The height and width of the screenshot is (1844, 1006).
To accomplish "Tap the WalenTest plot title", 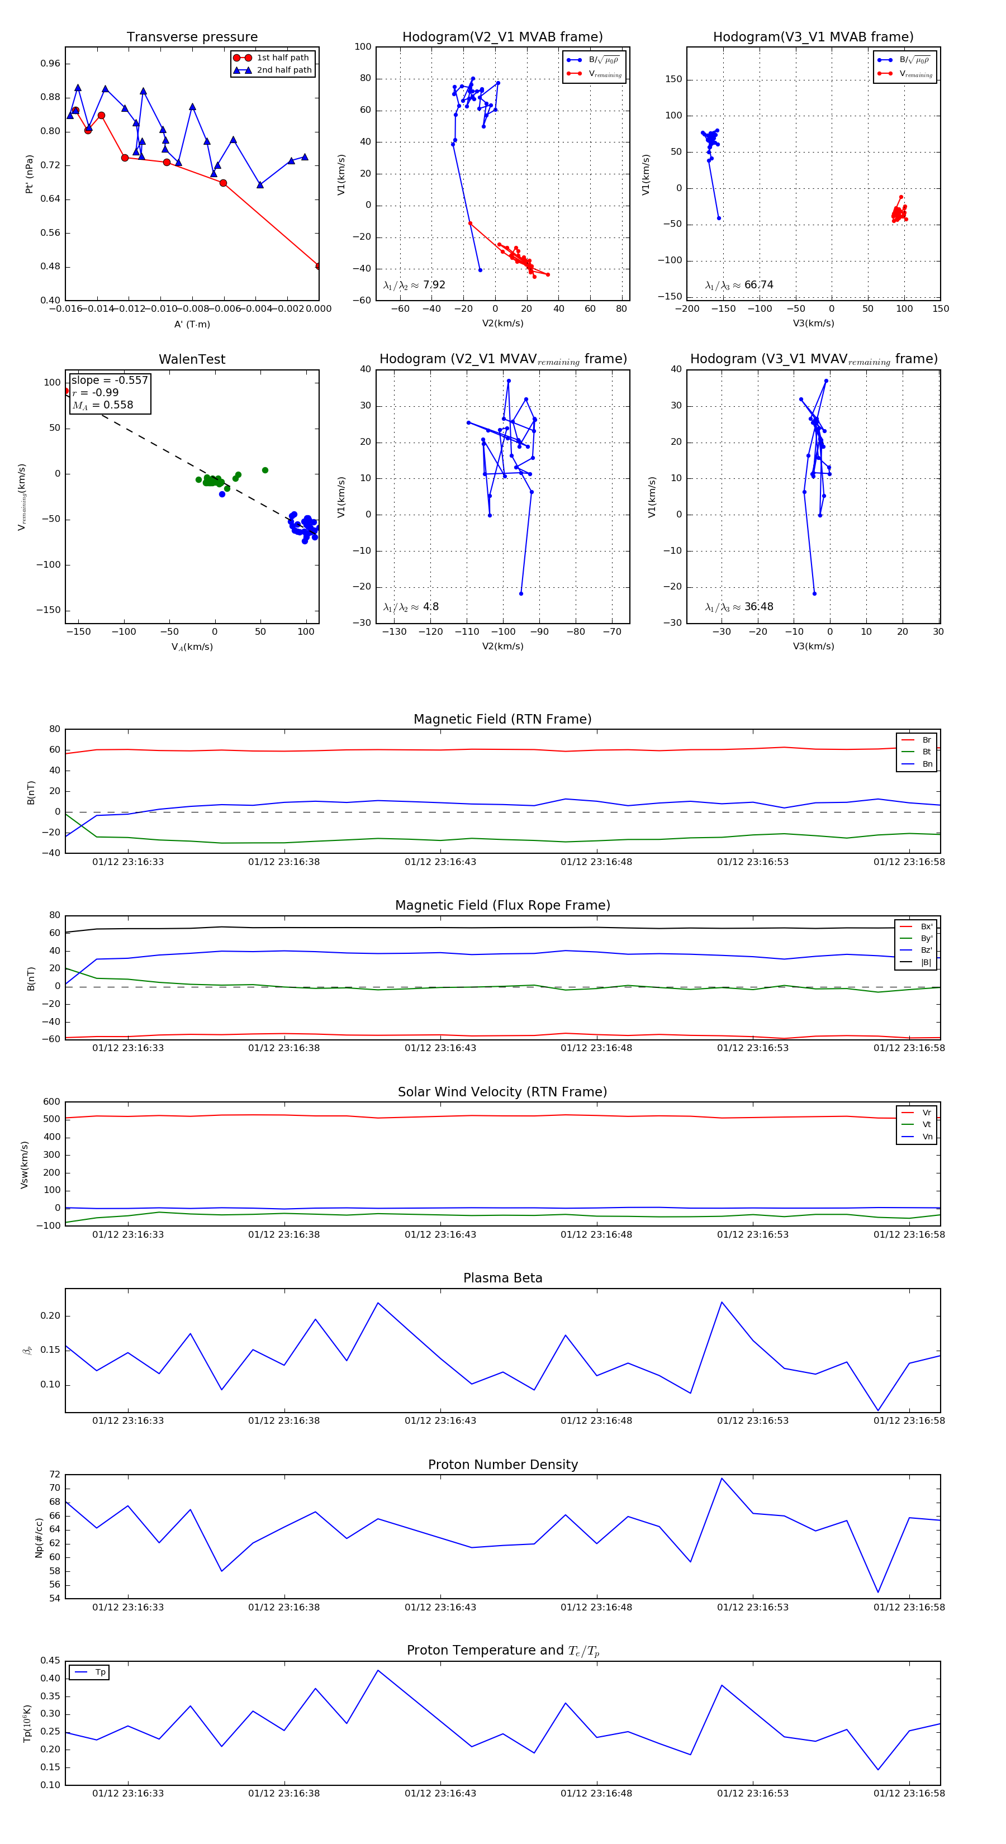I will (x=192, y=359).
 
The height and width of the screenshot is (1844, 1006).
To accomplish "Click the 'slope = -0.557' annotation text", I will (x=110, y=380).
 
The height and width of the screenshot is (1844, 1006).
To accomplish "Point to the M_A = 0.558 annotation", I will (x=102, y=405).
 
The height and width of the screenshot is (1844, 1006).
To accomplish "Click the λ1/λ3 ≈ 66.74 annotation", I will (x=739, y=285).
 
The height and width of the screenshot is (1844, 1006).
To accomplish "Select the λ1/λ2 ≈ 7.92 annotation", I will (x=414, y=285).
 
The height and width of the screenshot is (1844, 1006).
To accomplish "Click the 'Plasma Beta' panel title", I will (x=502, y=1279).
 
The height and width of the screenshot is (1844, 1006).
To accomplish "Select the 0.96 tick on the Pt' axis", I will (x=50, y=64).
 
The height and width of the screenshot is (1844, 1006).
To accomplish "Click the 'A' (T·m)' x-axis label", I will (x=192, y=324).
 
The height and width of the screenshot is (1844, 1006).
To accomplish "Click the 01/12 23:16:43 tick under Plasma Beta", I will (x=440, y=1421).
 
